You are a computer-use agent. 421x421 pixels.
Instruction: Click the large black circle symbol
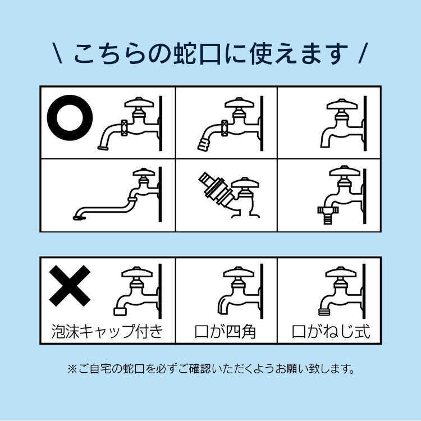(x=70, y=118)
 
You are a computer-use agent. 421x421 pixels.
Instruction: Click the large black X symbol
(x=70, y=286)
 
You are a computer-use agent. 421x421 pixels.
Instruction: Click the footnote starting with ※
(x=210, y=369)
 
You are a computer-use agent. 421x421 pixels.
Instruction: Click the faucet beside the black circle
(x=132, y=123)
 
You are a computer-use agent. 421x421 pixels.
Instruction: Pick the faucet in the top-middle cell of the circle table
(x=233, y=123)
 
